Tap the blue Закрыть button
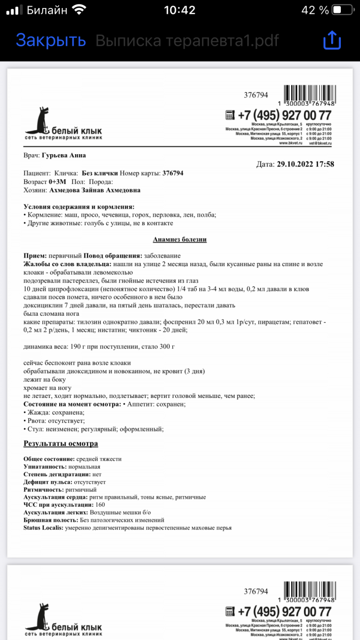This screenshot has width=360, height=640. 51,40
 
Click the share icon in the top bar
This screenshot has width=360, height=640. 331,40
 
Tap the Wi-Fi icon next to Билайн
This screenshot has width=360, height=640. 80,10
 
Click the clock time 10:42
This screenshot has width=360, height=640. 180,10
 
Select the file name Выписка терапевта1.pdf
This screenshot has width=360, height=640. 187,40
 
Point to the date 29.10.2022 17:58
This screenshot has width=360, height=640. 306,164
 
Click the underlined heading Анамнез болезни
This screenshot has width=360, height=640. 180,239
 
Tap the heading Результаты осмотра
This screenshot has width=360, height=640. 61,444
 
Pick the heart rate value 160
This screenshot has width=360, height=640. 100,505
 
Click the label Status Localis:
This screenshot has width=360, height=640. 44,527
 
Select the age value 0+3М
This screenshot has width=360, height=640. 57,182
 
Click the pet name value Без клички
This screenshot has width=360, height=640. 99,173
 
